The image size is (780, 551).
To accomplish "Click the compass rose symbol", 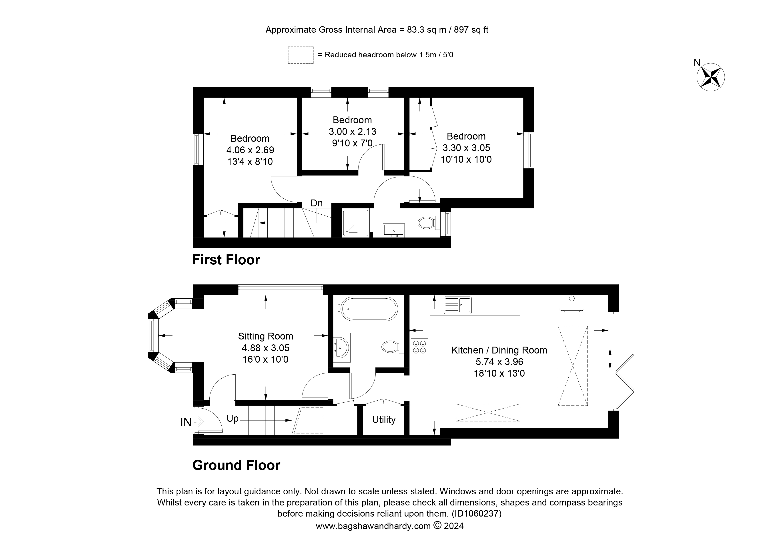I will tap(710, 77).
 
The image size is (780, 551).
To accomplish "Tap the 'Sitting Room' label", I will tap(265, 336).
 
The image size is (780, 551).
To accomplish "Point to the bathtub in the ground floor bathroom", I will tap(369, 309).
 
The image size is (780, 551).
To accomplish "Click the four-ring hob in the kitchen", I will tap(419, 347).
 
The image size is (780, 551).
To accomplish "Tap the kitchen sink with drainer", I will tap(458, 305).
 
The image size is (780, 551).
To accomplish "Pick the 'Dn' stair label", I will tap(316, 203).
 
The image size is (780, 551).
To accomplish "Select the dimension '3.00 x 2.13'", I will tap(352, 131).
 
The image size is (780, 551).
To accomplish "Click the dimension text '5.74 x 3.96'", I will tap(499, 362).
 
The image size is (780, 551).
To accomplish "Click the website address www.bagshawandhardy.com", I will tap(373, 526).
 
